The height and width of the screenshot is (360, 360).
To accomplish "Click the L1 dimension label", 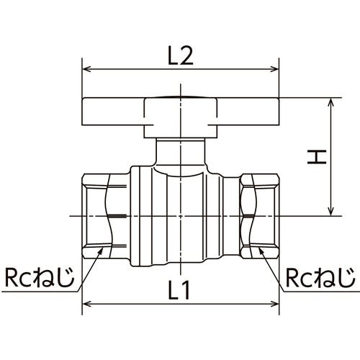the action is [x=179, y=290].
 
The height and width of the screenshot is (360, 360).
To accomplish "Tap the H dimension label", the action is [x=317, y=157].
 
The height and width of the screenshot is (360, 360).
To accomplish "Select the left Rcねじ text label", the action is [x=40, y=277].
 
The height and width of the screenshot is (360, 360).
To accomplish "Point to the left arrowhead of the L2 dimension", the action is [x=87, y=69].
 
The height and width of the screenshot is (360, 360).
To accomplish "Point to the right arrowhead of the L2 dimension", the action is [x=274, y=69].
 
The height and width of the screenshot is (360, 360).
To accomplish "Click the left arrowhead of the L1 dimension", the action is [x=87, y=305].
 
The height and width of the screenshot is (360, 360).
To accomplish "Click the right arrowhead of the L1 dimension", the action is [x=274, y=305].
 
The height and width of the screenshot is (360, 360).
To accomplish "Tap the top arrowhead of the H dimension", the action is [x=331, y=102].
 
